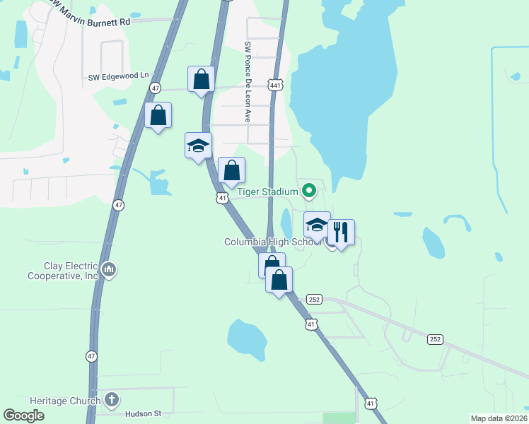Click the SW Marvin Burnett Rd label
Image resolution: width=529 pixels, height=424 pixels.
coord(91,20)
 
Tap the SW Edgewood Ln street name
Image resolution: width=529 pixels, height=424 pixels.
coord(120,76)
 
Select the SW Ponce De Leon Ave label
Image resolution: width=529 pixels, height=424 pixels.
coord(248,81)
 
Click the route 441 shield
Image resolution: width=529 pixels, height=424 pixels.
coord(276,85)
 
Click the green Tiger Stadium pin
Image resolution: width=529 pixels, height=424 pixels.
coord(308,190)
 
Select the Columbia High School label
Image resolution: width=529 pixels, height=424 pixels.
coord(272,242)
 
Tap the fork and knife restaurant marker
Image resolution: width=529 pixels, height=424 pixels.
coord(341,232)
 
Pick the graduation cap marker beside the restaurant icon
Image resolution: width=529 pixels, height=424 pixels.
coord(317,225)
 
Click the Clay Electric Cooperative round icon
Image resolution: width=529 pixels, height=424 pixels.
coord(109,269)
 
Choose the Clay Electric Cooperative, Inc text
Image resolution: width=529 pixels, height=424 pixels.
coord(64,271)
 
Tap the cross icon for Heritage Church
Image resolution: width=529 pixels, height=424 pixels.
coord(111,401)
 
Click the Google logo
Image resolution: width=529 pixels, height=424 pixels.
coord(24,416)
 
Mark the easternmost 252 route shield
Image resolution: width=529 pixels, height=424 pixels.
coord(434,339)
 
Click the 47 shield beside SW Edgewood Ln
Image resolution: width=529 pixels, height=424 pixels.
coord(155,88)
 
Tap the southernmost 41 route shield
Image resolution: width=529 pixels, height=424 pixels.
coord(370,403)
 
